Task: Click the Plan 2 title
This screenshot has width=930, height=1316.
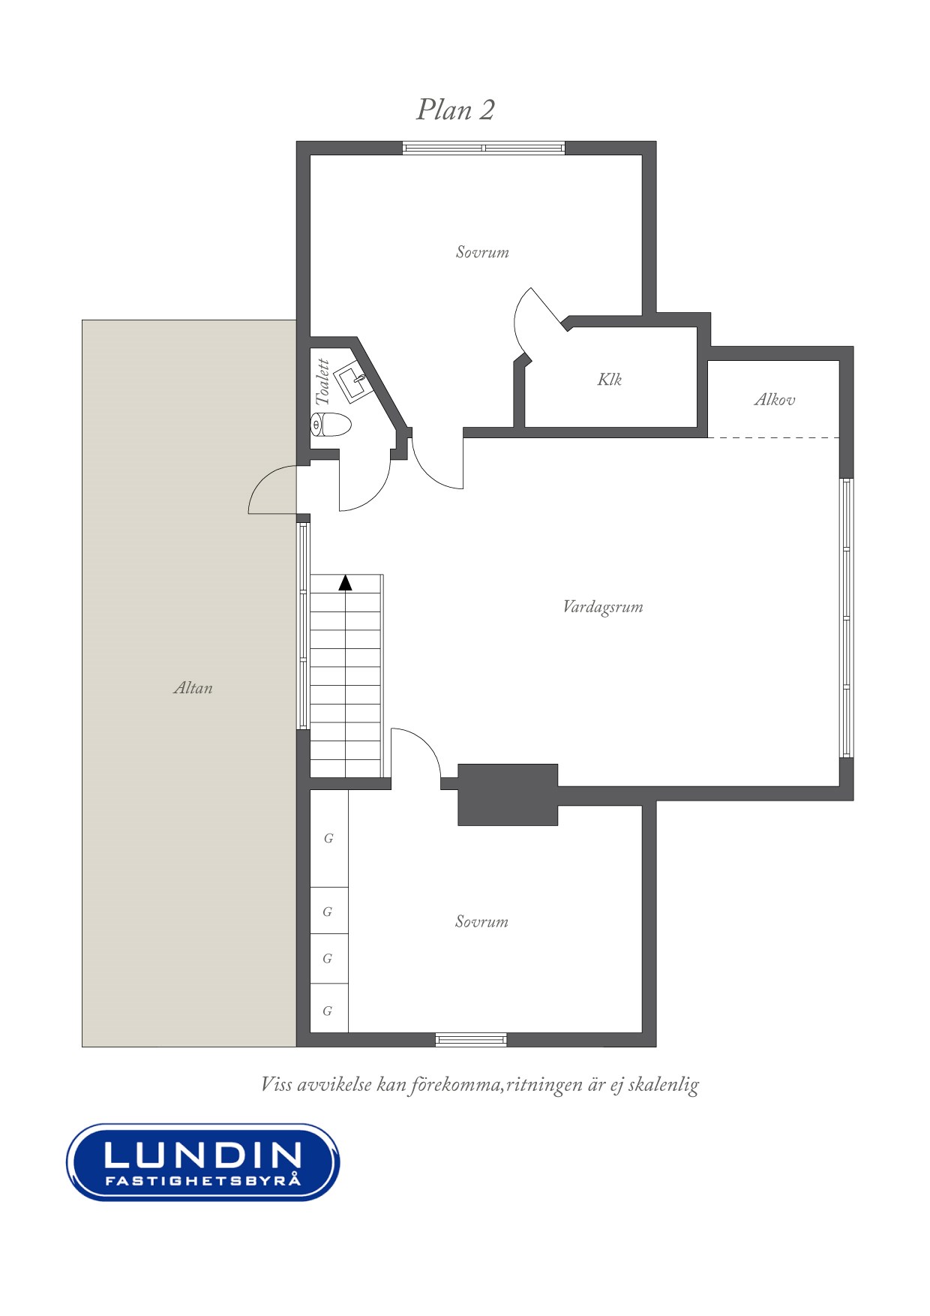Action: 455,110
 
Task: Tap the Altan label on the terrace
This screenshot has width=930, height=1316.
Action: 193,688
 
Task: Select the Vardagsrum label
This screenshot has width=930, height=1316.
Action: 603,607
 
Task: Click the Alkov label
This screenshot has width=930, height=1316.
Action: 775,400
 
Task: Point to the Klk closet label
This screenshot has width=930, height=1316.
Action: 610,380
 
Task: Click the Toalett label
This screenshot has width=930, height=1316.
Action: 323,382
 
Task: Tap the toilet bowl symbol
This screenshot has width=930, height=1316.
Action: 331,425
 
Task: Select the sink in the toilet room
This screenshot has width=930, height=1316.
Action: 352,383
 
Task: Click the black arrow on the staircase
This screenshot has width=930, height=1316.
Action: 345,583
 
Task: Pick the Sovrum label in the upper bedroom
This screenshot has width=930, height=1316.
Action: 482,252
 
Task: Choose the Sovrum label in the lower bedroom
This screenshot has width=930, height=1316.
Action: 481,922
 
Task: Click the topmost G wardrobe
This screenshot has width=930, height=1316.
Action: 329,839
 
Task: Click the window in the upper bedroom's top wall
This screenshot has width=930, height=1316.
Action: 484,148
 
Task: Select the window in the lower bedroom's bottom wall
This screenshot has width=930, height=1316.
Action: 471,1040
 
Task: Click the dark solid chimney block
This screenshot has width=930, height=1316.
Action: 508,795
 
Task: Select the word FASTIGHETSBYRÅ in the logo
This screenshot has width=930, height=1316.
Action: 203,1181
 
